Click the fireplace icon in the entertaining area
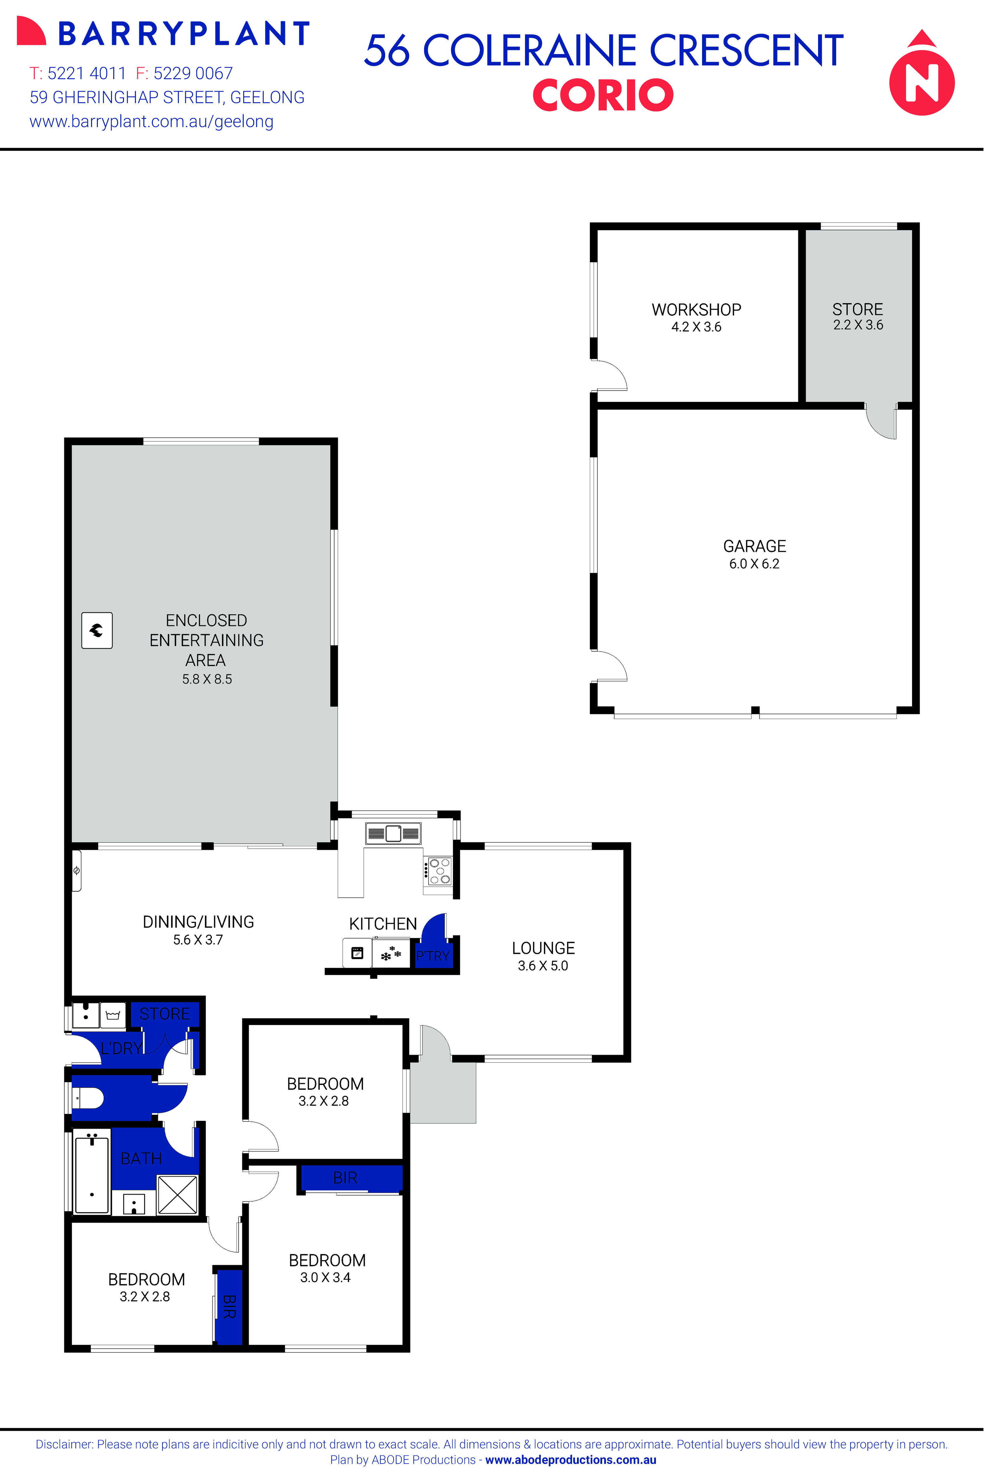[x=97, y=630]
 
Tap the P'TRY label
[x=433, y=956]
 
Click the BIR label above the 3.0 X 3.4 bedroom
[x=345, y=1178]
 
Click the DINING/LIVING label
[x=198, y=922]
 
